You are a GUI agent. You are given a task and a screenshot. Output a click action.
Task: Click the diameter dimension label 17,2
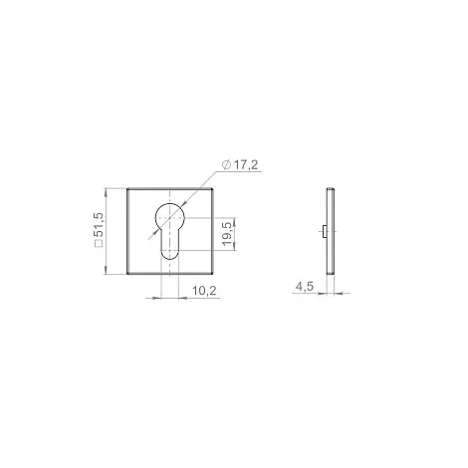tap(246, 164)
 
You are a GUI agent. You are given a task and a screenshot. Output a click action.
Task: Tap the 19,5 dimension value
tap(227, 234)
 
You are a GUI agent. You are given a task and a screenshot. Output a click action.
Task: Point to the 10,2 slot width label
tap(204, 291)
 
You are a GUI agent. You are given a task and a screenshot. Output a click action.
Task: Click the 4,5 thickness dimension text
tap(305, 286)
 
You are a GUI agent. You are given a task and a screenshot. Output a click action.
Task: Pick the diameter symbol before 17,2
tap(226, 165)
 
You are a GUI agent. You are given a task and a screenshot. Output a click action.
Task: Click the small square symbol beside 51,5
tap(99, 243)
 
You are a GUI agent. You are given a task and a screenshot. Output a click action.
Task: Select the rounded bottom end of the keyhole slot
tap(169, 255)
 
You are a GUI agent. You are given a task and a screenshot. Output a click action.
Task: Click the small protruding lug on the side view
tap(324, 231)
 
